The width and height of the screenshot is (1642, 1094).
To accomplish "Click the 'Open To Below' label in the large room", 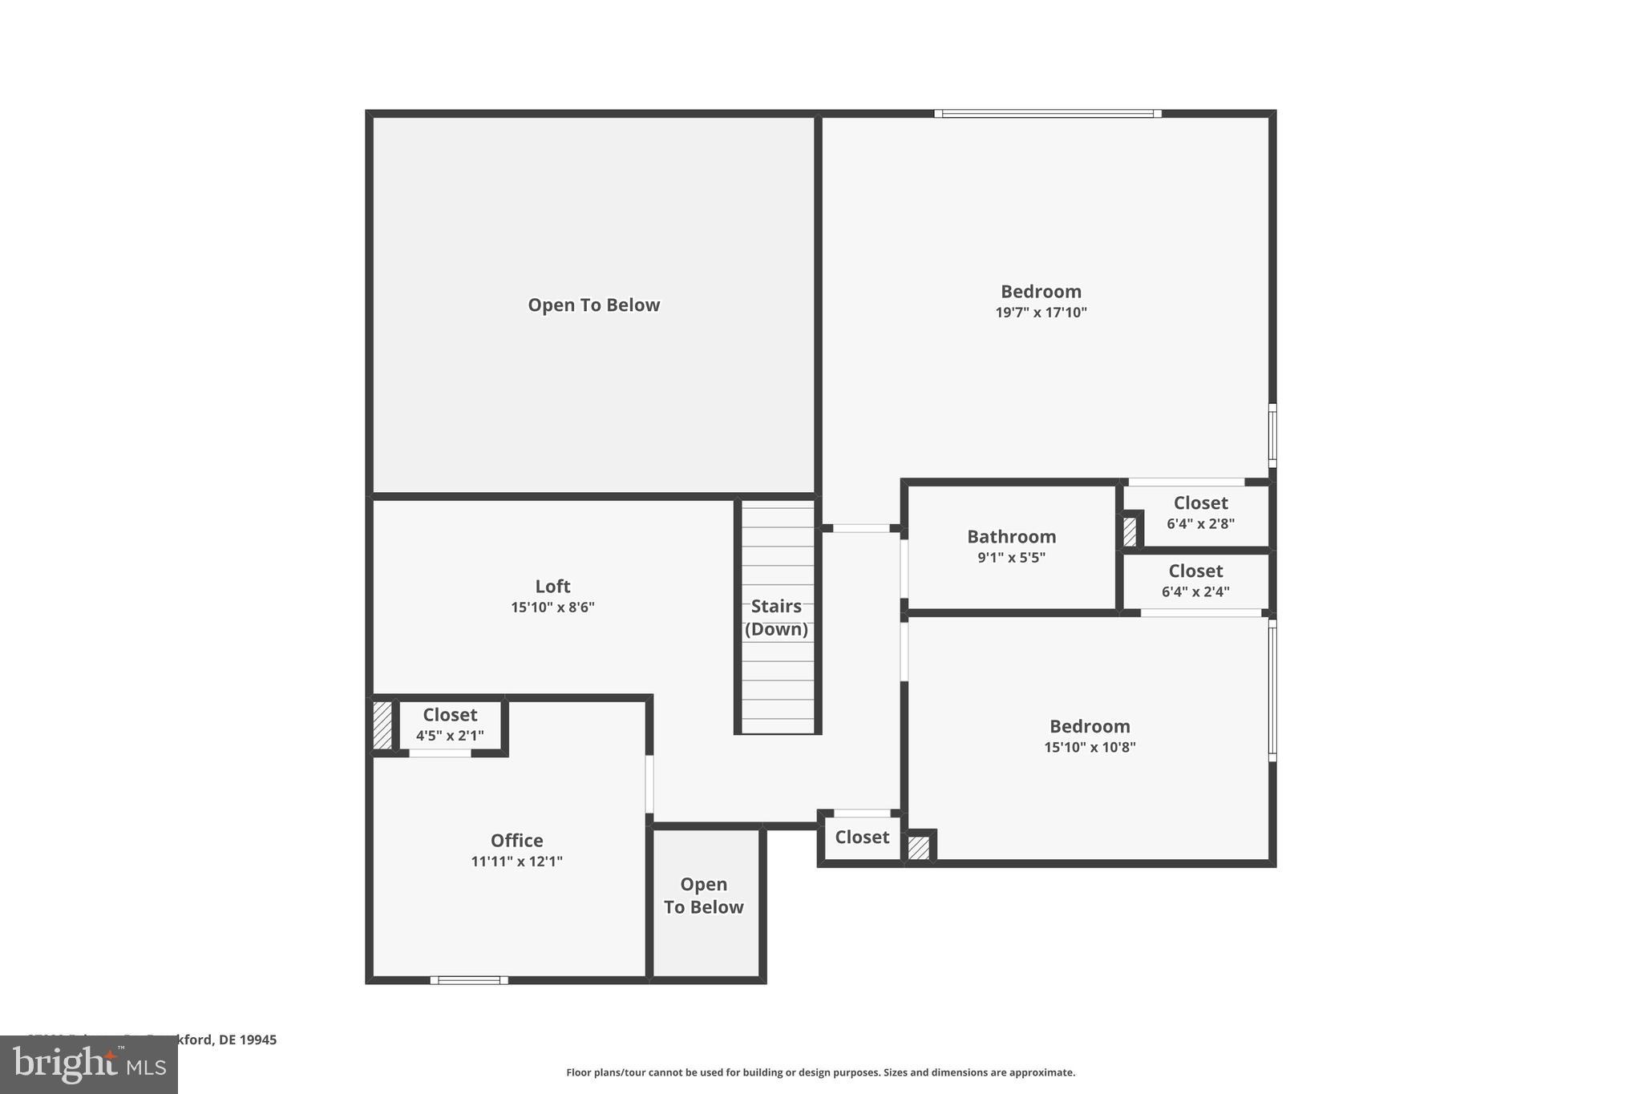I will [593, 305].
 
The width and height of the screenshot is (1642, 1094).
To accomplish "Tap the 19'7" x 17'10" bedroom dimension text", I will [1041, 313].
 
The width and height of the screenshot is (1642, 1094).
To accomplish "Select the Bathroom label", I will [1011, 536].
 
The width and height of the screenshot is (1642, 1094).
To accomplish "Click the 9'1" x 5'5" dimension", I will [1011, 558].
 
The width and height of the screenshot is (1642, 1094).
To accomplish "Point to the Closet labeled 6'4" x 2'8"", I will [1200, 503].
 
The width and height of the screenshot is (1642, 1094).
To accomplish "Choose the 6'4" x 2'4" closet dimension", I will [1195, 592].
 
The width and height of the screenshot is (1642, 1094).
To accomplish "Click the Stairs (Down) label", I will [776, 617].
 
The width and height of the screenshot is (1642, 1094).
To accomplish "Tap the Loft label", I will [552, 586].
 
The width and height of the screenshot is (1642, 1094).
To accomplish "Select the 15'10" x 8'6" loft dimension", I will [552, 608].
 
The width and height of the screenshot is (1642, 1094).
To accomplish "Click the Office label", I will [516, 840].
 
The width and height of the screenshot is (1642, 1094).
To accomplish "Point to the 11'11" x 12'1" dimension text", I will [516, 862].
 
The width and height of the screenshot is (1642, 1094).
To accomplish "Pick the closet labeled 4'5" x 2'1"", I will [450, 715].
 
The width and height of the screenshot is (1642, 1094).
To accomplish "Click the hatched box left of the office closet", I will [382, 725].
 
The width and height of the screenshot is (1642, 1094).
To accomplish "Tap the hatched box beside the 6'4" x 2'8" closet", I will [1129, 532].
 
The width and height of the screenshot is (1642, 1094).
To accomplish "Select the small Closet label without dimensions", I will [862, 837].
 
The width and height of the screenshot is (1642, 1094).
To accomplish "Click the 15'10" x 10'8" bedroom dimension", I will [1090, 747].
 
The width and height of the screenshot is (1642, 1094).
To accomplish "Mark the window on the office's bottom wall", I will [469, 979].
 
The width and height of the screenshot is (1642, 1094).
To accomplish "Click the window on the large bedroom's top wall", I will [1047, 114].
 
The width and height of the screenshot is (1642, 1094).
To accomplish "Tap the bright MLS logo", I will [89, 1064].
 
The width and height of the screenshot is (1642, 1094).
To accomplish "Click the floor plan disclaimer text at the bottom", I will [820, 1072].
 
